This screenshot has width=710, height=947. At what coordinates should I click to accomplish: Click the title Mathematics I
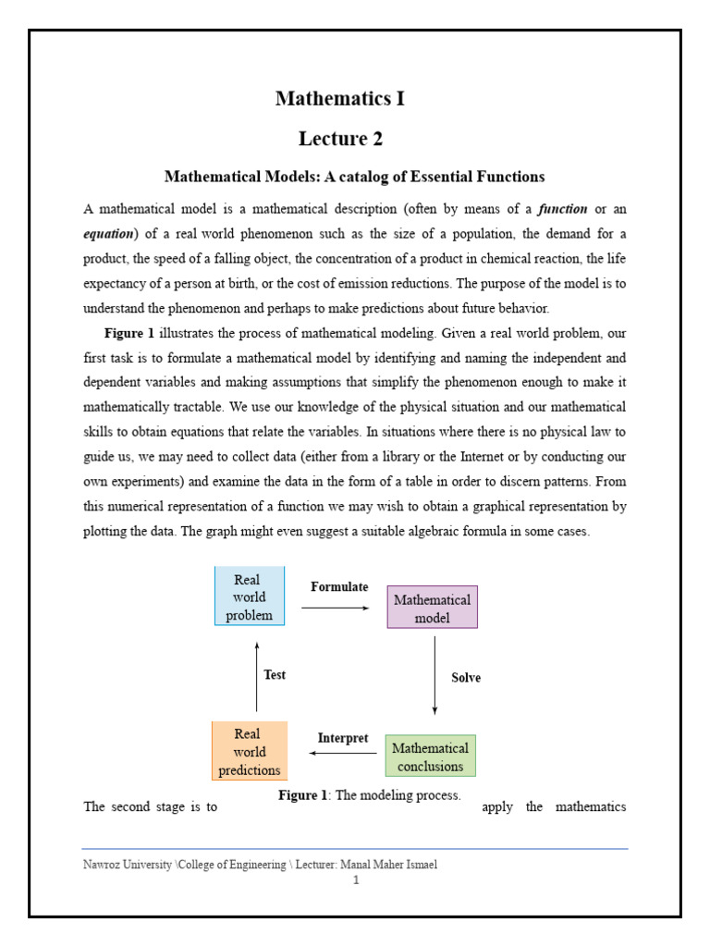pyautogui.click(x=339, y=98)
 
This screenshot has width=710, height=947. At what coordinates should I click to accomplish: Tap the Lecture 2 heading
pyautogui.click(x=339, y=139)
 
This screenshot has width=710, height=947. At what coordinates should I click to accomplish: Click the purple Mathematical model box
pyautogui.click(x=432, y=608)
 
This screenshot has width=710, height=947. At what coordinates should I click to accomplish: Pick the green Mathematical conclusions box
pyautogui.click(x=430, y=756)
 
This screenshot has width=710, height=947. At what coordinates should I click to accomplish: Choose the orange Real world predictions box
pyautogui.click(x=249, y=751)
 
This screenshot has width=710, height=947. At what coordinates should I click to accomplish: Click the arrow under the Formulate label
pyautogui.click(x=335, y=608)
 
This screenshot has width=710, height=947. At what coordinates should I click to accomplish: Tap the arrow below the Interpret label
pyautogui.click(x=343, y=753)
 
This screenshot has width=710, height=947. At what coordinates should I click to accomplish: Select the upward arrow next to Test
pyautogui.click(x=256, y=670)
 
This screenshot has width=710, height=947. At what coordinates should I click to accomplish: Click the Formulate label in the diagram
pyautogui.click(x=339, y=587)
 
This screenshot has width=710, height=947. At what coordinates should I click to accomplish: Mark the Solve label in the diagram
pyautogui.click(x=466, y=678)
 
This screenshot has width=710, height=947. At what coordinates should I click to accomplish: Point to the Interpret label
pyautogui.click(x=343, y=738)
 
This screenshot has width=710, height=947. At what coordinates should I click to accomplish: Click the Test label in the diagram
pyautogui.click(x=275, y=675)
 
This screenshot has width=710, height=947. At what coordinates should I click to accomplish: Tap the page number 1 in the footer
pyautogui.click(x=354, y=880)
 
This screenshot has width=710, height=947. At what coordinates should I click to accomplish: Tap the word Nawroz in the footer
pyautogui.click(x=101, y=865)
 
